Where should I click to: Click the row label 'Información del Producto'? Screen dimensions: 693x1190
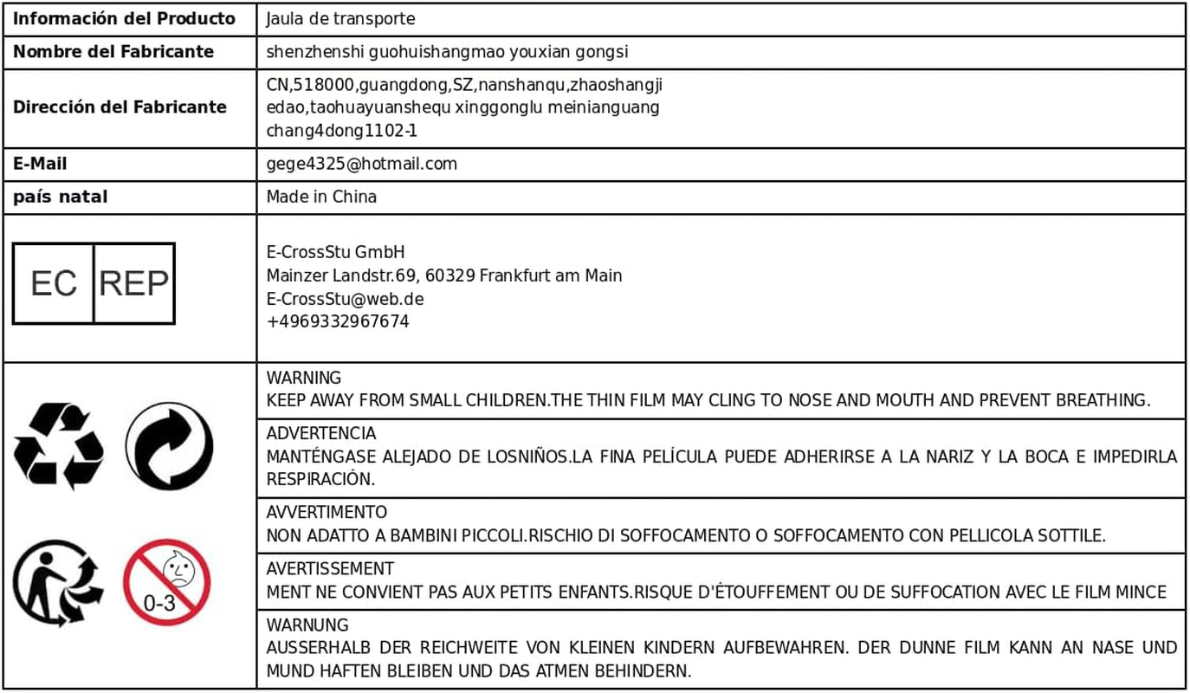(x=124, y=19)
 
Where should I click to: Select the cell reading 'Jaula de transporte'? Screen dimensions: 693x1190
(x=340, y=19)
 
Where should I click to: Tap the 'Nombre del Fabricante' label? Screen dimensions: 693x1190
(x=113, y=52)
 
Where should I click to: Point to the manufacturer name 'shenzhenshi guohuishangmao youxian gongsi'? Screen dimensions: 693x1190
(x=447, y=52)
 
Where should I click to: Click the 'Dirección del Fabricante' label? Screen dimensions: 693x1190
(x=120, y=107)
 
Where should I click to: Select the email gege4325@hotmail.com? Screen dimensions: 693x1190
(x=362, y=164)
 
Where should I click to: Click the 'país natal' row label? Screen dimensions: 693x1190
(x=61, y=197)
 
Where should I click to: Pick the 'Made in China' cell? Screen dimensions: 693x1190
(x=321, y=197)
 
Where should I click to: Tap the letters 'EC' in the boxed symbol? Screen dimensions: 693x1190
(x=54, y=283)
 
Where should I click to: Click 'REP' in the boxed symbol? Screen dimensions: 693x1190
(x=133, y=283)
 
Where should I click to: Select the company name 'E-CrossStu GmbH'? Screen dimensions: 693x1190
(x=335, y=253)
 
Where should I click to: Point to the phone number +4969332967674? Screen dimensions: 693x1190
(x=338, y=322)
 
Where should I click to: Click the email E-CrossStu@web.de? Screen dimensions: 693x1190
(x=345, y=299)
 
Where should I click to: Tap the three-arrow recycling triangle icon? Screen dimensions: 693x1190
(x=59, y=445)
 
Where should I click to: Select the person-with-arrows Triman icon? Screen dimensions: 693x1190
(x=57, y=582)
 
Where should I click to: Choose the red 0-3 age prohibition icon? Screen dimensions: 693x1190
(x=166, y=582)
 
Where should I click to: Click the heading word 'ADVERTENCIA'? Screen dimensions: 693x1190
(x=321, y=433)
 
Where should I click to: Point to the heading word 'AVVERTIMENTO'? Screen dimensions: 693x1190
(x=327, y=513)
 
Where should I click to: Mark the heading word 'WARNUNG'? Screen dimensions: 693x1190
(x=307, y=625)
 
